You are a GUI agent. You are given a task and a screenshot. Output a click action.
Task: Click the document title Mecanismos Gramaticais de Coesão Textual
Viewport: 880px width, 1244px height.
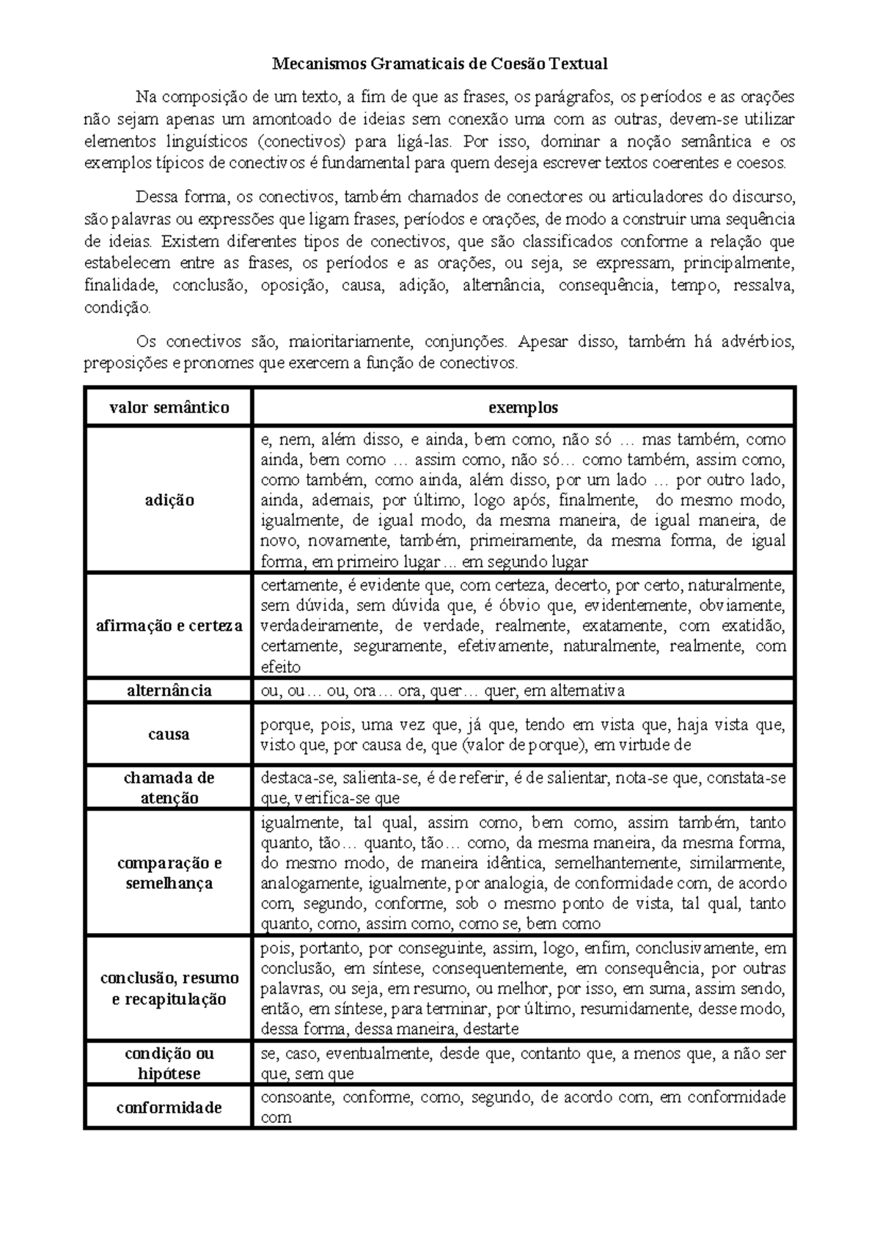click(x=440, y=64)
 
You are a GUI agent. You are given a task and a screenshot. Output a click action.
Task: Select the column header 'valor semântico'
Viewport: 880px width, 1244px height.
click(x=169, y=407)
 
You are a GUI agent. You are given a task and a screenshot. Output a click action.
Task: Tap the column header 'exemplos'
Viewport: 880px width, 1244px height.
click(x=523, y=407)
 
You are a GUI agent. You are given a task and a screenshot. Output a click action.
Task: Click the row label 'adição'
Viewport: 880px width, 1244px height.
click(x=169, y=500)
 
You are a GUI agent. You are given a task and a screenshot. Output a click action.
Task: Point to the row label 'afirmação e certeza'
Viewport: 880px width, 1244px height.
click(x=169, y=626)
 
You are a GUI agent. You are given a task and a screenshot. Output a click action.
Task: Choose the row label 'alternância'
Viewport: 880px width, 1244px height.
click(x=169, y=690)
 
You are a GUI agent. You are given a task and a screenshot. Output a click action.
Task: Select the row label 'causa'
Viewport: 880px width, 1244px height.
click(x=169, y=734)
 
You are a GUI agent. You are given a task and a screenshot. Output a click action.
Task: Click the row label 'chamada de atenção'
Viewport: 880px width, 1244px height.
click(x=169, y=788)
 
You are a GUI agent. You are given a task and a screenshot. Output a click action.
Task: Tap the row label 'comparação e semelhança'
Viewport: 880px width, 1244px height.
click(x=169, y=873)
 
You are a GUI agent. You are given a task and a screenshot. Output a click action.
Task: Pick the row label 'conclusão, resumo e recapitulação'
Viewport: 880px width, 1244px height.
click(x=169, y=988)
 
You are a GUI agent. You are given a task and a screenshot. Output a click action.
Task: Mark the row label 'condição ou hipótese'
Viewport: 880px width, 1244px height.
click(x=169, y=1064)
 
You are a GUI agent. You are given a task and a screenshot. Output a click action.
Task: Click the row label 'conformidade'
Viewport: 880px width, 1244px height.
click(x=169, y=1108)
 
